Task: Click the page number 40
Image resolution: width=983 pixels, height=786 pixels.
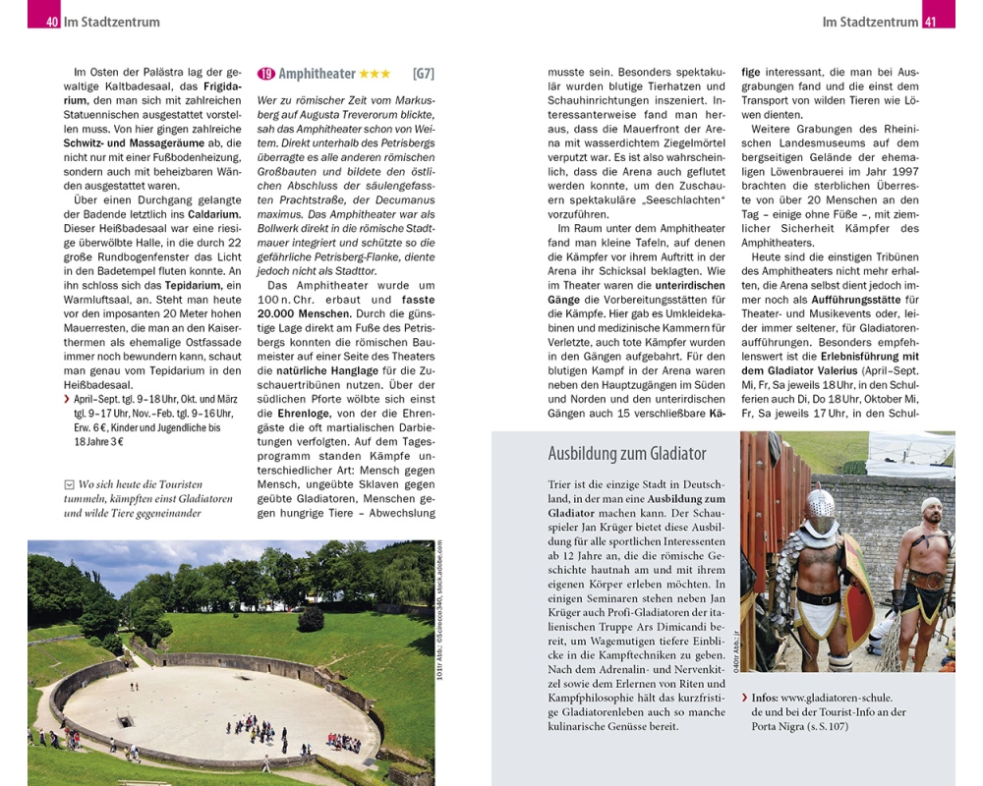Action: coord(51,22)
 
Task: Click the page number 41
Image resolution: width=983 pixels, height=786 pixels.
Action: coord(931,22)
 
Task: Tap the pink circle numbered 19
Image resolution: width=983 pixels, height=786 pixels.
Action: coord(265,74)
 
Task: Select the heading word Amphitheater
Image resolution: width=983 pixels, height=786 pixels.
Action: coord(317,74)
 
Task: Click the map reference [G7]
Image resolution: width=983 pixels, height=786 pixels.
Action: coord(424,74)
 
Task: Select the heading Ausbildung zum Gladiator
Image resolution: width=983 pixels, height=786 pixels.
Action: coord(626,453)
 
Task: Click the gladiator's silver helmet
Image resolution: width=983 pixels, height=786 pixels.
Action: coord(819,506)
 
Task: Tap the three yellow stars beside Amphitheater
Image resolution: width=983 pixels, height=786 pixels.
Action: coord(375,74)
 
